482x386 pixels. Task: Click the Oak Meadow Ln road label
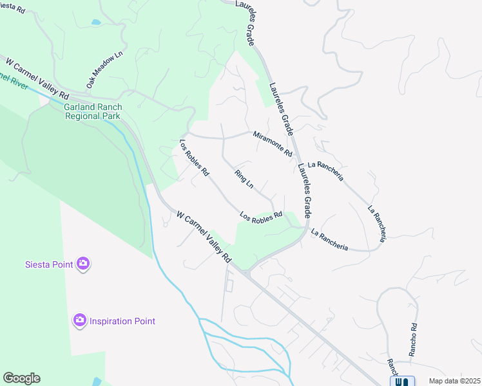(104, 71)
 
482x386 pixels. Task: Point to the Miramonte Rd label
(273, 144)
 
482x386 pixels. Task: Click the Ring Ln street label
(244, 179)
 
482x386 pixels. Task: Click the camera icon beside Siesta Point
(83, 263)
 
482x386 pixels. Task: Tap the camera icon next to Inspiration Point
(80, 320)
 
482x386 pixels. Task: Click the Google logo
(21, 378)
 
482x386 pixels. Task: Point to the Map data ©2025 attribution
(454, 381)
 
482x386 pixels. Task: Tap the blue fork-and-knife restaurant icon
(402, 381)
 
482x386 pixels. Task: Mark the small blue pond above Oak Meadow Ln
(96, 22)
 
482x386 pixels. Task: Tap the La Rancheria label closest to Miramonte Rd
(325, 170)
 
